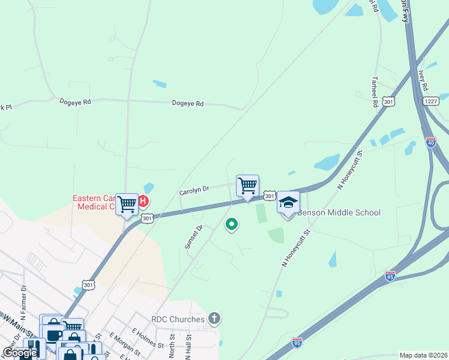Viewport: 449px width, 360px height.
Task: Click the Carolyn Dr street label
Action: point(193,190)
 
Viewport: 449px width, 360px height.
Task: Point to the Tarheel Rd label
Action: point(375,91)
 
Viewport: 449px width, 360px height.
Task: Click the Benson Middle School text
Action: point(339,212)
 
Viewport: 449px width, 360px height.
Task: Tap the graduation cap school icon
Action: point(288,202)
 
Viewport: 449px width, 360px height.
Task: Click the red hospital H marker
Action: point(144,201)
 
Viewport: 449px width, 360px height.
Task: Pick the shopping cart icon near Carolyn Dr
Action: point(247,185)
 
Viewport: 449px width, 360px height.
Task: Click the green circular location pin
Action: point(231,224)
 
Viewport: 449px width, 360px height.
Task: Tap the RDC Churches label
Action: point(178,319)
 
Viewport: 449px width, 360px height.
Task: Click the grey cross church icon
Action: point(214,317)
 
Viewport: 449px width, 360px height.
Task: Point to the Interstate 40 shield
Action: point(430,142)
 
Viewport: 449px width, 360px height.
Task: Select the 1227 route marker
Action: point(430,101)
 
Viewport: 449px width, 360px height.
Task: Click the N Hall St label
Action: point(187,347)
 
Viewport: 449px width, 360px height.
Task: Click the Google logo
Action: point(19,353)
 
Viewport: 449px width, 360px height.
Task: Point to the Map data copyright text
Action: point(423,355)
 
